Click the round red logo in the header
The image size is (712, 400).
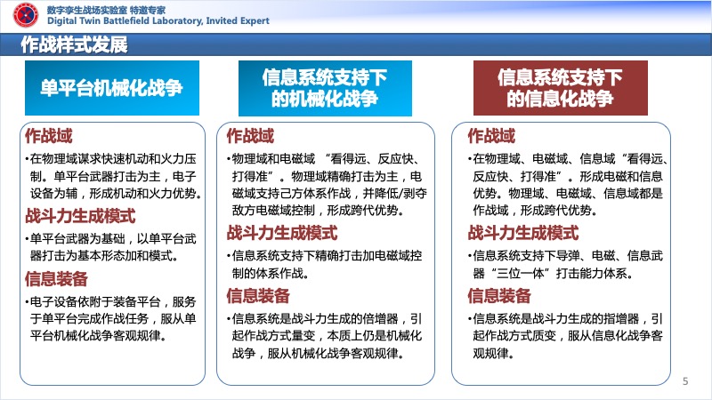pos(26,15)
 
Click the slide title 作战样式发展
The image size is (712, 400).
pos(74,44)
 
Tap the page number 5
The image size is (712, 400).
pos(685,381)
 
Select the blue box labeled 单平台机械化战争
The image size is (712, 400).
pos(112,88)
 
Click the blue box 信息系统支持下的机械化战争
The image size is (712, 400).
pos(325,88)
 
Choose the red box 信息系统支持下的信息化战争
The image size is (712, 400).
pos(561,88)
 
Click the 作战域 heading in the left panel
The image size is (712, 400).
pos(49,136)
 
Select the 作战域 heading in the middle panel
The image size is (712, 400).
pos(250,136)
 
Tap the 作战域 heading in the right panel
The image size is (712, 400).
pos(491,136)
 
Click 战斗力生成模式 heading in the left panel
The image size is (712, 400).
pos(80,216)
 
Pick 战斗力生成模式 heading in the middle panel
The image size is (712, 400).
pos(282,233)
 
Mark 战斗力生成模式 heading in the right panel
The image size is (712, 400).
pos(523,233)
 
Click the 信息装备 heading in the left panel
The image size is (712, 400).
pos(56,279)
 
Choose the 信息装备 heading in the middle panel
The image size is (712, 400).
pos(258,296)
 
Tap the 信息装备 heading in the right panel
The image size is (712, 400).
pos(499,296)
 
